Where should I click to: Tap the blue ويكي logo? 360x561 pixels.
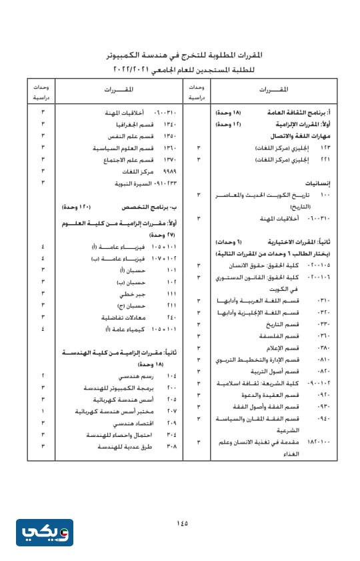(x=45, y=532)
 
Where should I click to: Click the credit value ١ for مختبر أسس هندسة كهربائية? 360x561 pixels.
(x=43, y=411)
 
